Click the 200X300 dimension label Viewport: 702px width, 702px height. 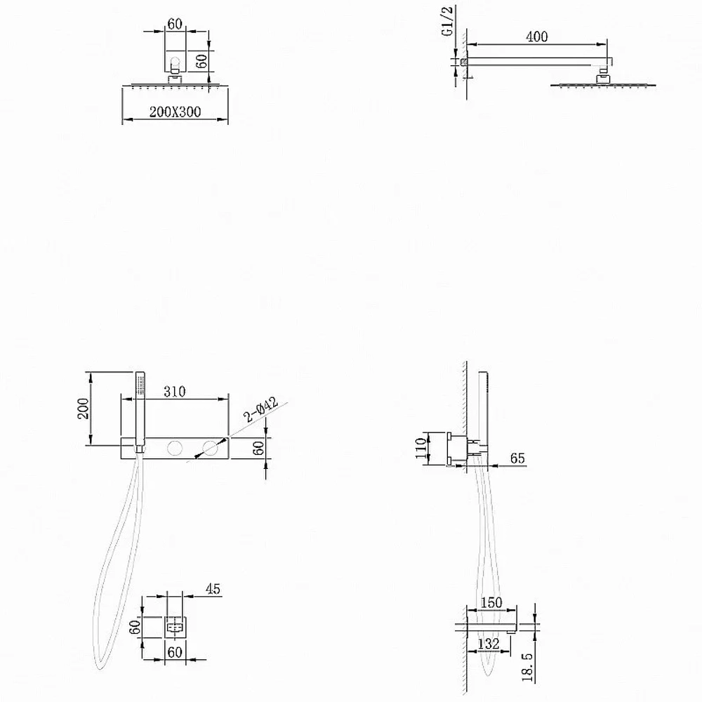(175, 112)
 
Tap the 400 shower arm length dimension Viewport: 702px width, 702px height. (537, 37)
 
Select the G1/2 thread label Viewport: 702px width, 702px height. (448, 20)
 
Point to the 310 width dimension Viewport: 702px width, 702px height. (175, 391)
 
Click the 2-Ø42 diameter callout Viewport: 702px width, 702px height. (260, 409)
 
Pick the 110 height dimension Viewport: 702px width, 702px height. (420, 448)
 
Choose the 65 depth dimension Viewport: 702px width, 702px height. (517, 458)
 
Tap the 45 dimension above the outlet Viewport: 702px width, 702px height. (213, 589)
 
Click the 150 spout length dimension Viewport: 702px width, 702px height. (491, 602)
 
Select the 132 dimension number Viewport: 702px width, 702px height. (489, 644)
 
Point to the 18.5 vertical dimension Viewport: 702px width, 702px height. (528, 667)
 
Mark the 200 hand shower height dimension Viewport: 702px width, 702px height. (84, 409)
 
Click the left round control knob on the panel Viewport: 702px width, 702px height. (174, 448)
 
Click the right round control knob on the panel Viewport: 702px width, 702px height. (209, 448)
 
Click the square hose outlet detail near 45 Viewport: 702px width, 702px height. (175, 627)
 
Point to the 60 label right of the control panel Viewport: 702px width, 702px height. (259, 448)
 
